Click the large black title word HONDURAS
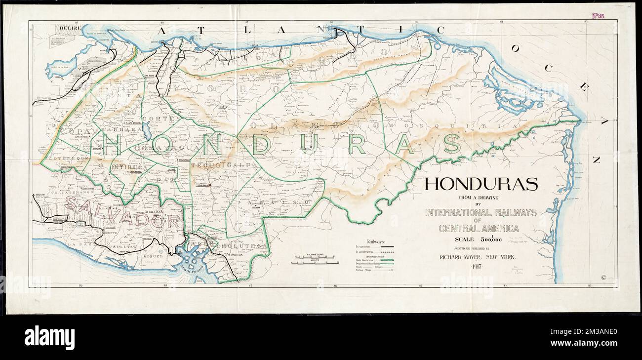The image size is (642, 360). coord(481,185)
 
